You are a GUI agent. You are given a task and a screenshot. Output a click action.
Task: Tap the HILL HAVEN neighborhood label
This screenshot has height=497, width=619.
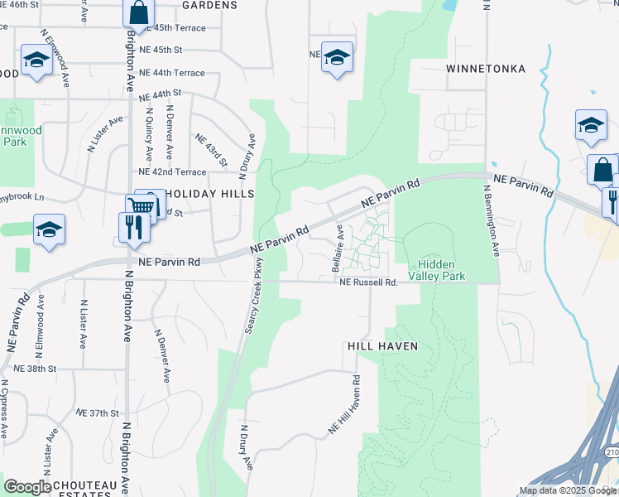pos(382,345)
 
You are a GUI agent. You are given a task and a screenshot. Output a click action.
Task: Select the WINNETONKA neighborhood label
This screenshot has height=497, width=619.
pos(486,69)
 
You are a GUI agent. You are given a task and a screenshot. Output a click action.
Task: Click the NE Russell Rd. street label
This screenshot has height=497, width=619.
pos(369,282)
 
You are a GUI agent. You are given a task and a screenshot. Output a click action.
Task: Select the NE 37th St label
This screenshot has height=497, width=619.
pos(98,412)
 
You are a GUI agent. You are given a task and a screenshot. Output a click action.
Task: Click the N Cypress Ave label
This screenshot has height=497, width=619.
pos(7,410)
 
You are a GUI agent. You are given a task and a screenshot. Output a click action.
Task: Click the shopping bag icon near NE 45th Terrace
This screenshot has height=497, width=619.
pos(138,12)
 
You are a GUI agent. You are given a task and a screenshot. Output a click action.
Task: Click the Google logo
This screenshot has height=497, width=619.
pos(27,487)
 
